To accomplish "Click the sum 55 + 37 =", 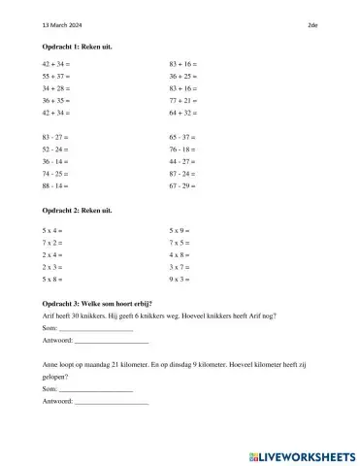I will click(x=57, y=75).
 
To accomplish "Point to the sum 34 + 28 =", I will click(x=57, y=87).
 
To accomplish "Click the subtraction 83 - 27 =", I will click(x=56, y=139).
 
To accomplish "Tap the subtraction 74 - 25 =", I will click(x=56, y=172).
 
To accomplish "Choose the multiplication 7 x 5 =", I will click(x=180, y=243).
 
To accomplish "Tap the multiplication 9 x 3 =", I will click(x=180, y=279).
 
